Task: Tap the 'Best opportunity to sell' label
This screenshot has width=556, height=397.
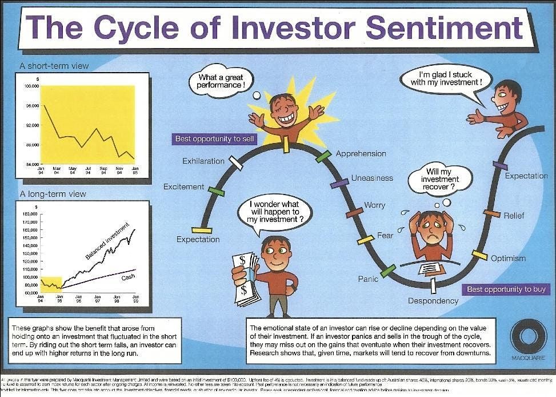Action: (214, 138)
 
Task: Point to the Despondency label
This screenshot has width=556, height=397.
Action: (433, 300)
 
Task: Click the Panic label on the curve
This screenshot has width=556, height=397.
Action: (368, 279)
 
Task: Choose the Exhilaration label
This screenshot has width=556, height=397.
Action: (203, 161)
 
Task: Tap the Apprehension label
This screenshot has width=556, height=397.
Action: (361, 153)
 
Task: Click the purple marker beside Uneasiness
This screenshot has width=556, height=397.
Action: (339, 183)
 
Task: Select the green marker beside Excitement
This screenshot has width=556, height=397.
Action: (216, 190)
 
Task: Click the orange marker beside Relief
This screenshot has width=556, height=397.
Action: (491, 213)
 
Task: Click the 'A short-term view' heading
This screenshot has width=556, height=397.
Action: (54, 66)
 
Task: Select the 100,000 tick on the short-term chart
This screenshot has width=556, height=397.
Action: (31, 86)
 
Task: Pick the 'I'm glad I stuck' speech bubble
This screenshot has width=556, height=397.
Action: (446, 78)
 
